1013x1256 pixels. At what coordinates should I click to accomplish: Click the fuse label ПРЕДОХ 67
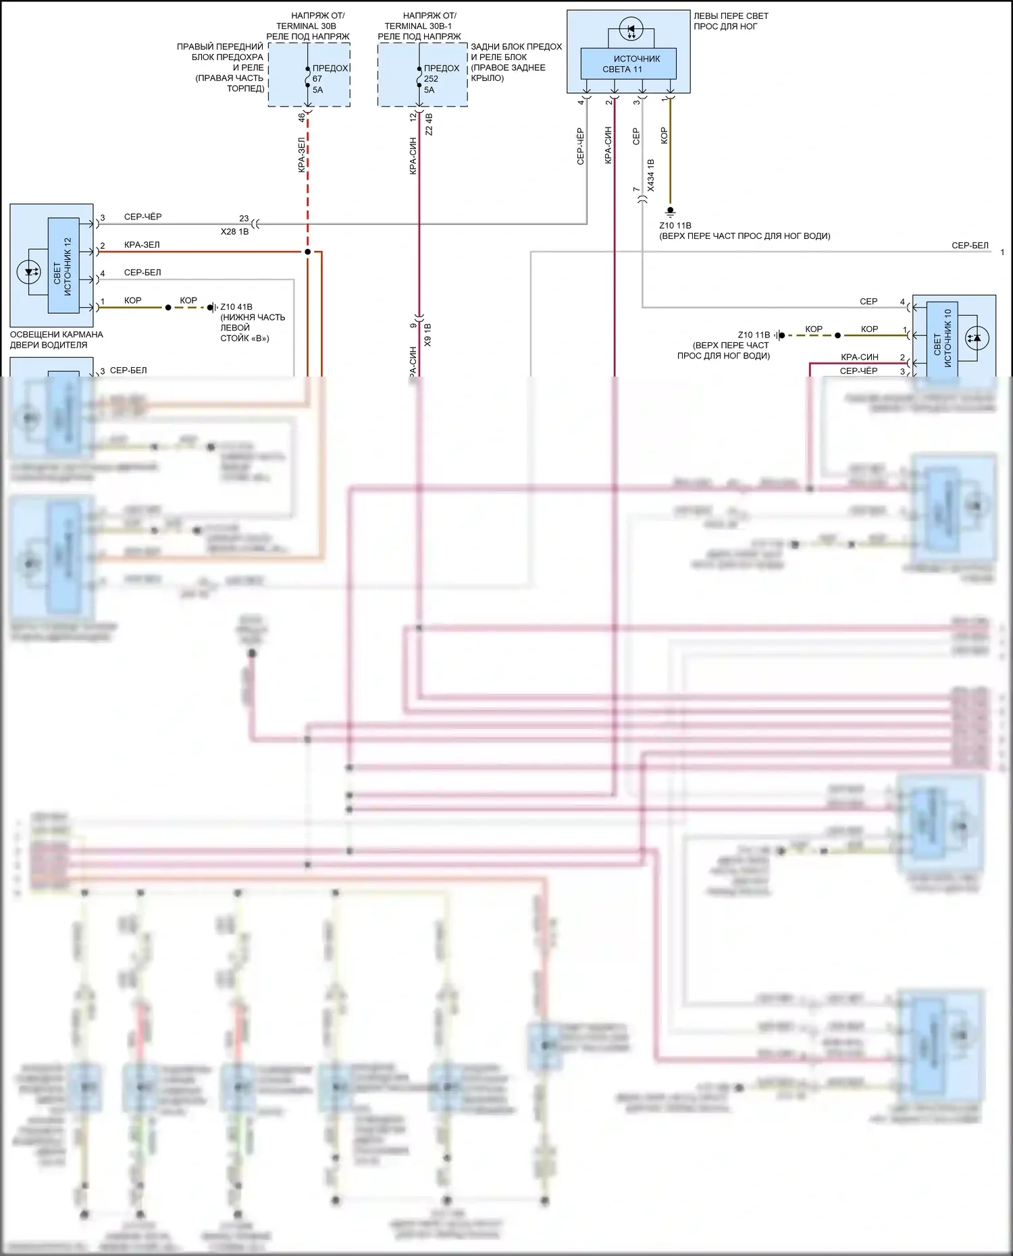tap(329, 78)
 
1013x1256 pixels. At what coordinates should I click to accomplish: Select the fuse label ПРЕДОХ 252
tap(440, 78)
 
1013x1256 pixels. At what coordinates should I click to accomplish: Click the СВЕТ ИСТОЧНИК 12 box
tap(63, 265)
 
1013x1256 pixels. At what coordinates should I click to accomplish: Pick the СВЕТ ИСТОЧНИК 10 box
tap(942, 337)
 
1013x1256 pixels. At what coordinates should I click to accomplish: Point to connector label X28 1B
tap(234, 231)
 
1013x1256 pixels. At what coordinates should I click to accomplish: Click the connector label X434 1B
tap(650, 175)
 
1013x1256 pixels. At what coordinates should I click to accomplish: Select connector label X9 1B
tap(427, 335)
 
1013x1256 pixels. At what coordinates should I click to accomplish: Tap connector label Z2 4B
tap(429, 124)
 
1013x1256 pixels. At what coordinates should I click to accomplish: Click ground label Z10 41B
tap(236, 307)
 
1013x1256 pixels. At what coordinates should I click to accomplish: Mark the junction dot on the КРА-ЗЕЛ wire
tap(307, 252)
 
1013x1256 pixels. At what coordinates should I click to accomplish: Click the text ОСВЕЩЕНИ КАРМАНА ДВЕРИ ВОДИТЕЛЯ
tap(56, 339)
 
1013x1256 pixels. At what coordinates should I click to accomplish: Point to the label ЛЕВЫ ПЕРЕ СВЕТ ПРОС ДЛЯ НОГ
tap(730, 21)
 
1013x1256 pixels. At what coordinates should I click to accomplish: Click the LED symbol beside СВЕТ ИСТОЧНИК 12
tap(28, 272)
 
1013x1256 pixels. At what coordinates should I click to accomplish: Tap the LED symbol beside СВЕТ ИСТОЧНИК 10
tap(975, 338)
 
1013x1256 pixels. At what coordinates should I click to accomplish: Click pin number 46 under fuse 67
tap(301, 117)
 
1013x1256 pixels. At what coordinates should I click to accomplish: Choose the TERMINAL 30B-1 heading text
tap(419, 26)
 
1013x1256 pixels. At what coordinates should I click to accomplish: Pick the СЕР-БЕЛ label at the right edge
tap(969, 246)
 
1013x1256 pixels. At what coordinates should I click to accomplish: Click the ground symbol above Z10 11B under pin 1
tap(670, 211)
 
